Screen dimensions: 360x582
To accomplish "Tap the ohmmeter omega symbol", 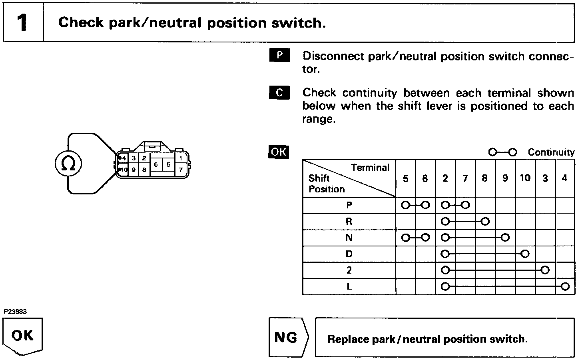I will click(x=68, y=163).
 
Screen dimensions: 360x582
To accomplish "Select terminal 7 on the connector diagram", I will click(x=181, y=170).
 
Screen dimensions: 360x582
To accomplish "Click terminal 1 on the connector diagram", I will click(x=181, y=158).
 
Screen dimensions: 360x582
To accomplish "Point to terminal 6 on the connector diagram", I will click(x=156, y=164).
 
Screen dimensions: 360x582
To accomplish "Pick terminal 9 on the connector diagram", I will click(x=134, y=170).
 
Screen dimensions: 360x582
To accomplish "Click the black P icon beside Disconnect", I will click(x=279, y=56).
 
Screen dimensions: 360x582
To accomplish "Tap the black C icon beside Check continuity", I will click(x=279, y=92).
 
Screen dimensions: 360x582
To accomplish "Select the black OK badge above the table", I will click(x=279, y=152).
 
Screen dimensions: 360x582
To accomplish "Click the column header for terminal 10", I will click(x=525, y=178).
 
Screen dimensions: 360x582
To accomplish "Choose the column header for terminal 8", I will click(x=484, y=178).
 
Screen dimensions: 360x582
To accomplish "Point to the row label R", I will click(x=349, y=221).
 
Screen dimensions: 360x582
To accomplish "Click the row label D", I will click(x=349, y=254).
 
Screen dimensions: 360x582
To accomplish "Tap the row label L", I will click(x=349, y=287).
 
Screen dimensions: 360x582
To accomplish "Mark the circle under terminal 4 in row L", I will click(x=565, y=286).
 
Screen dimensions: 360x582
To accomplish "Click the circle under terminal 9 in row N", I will click(x=505, y=238).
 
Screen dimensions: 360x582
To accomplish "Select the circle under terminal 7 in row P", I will click(x=465, y=205).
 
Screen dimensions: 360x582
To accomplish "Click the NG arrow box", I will click(x=288, y=337).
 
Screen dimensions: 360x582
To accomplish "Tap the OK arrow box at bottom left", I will click(x=23, y=336).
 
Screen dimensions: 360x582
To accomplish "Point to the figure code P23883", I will click(x=15, y=312).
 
